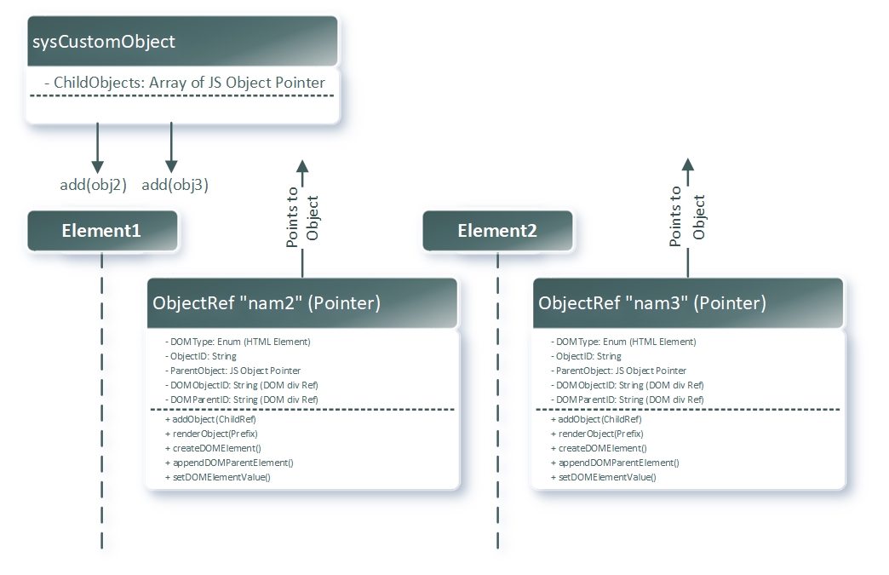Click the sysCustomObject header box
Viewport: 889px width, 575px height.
182,41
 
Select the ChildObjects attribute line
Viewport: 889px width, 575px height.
184,83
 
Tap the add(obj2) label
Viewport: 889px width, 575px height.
93,184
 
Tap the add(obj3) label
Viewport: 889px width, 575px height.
175,184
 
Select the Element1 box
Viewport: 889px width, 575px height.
102,231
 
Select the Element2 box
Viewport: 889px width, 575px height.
497,231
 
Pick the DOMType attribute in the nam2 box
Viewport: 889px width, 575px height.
239,342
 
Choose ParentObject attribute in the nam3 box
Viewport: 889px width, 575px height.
619,371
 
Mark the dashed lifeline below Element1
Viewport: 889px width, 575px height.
102,400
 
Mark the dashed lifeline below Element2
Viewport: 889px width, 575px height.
497,400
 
